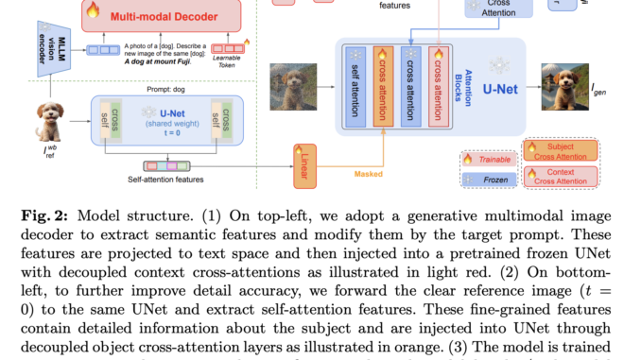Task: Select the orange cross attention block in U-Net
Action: pyautogui.click(x=383, y=86)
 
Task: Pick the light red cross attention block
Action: pyautogui.click(x=436, y=86)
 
